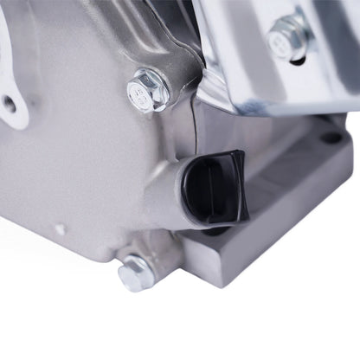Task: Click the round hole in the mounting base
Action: (331, 137)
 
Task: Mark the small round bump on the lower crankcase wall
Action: (61, 229)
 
